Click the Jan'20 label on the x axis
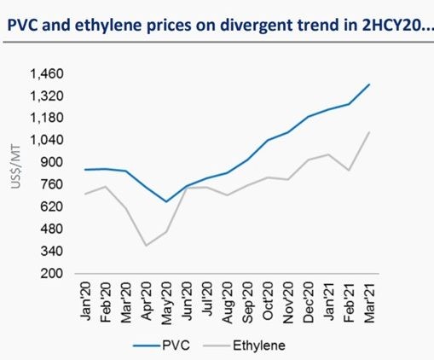[x=87, y=299]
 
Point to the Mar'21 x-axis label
[x=368, y=299]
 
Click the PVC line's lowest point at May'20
[x=166, y=202]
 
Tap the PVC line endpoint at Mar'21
[x=369, y=84]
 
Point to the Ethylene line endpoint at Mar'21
[x=369, y=132]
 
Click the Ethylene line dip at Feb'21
[x=349, y=171]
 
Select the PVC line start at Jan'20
[x=86, y=170]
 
